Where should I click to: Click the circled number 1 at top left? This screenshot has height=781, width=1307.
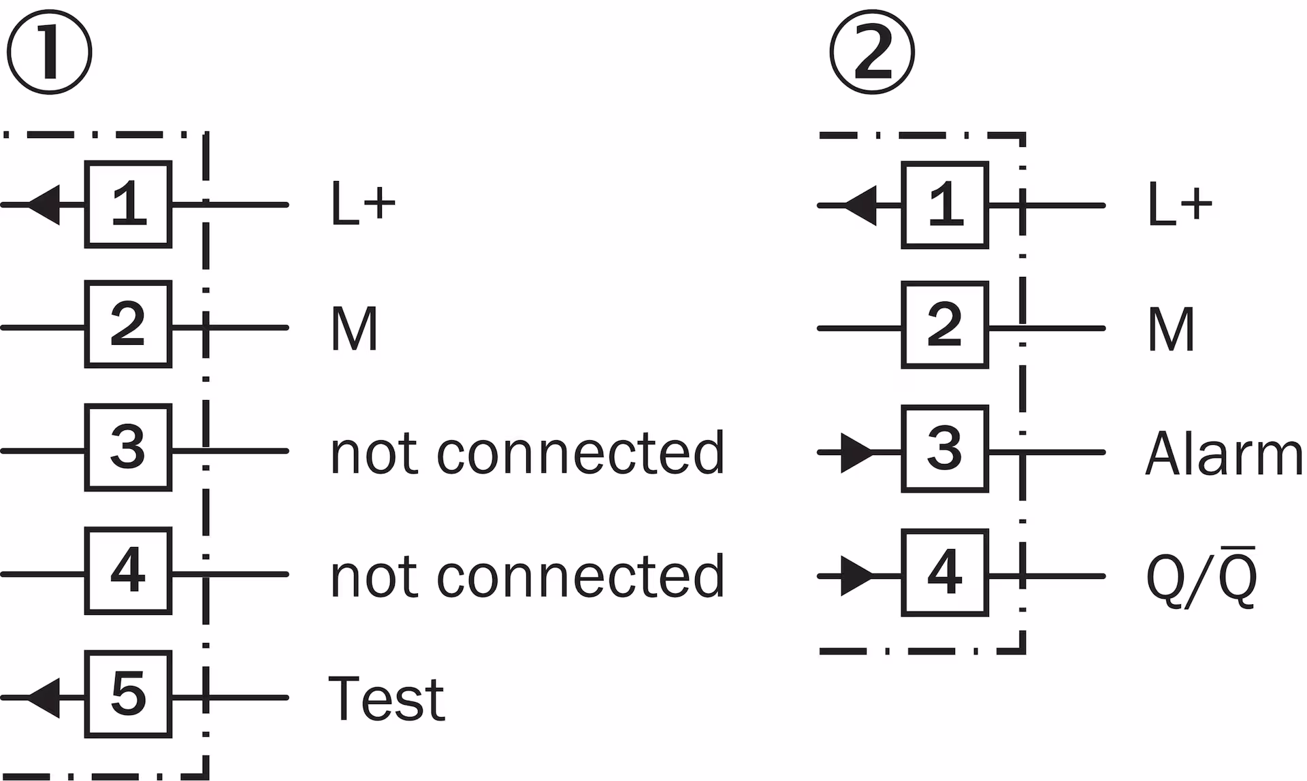[49, 52]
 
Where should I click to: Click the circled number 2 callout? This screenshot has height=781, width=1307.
[873, 52]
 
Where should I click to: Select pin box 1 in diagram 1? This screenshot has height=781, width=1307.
[128, 204]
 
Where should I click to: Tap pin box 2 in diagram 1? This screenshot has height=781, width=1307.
[128, 324]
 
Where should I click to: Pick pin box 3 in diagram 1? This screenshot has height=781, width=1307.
[128, 448]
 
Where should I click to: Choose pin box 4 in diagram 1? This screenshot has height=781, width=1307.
[128, 571]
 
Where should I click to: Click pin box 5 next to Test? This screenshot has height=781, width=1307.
[128, 694]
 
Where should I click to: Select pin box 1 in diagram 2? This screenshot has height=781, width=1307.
[945, 205]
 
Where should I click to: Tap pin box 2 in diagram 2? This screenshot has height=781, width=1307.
[945, 325]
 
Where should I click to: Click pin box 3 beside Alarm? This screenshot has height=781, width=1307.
[945, 448]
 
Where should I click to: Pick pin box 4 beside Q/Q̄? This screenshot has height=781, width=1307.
[945, 573]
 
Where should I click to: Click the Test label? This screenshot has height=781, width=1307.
[387, 698]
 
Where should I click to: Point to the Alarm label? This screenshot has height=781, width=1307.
[1224, 452]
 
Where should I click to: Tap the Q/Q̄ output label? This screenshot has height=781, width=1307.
[1201, 576]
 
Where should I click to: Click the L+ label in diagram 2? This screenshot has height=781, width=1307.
[1180, 204]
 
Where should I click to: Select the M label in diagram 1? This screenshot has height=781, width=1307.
[354, 328]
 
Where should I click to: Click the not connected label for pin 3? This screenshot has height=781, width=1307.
[528, 452]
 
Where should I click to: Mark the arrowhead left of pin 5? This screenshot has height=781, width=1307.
[44, 697]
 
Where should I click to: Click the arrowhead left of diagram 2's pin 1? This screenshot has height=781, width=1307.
[860, 205]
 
